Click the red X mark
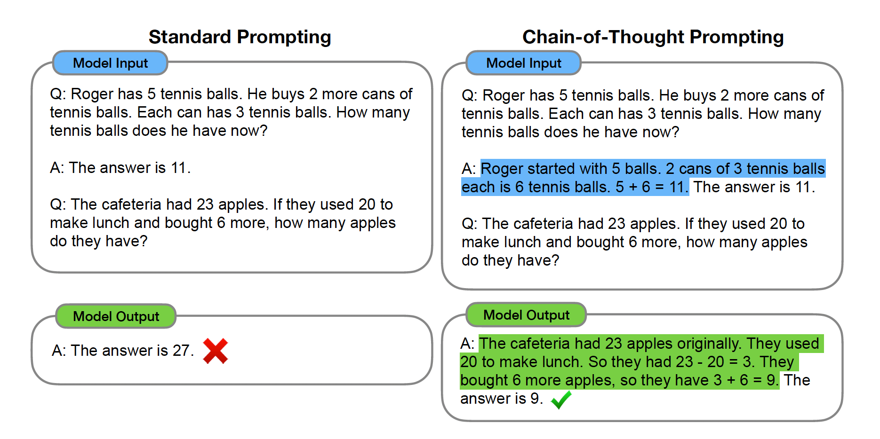tap(216, 351)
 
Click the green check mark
tap(561, 400)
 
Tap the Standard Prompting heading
tap(240, 37)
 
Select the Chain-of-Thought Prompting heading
tap(653, 37)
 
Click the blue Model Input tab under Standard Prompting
tap(111, 63)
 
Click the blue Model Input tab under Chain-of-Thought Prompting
tap(524, 63)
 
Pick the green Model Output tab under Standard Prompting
tap(116, 316)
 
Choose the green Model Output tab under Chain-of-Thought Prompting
tap(527, 315)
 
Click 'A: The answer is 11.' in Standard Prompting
tap(120, 168)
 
